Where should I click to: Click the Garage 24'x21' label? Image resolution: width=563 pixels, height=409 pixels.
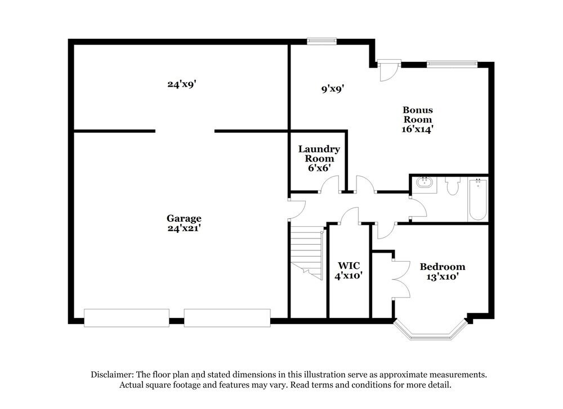tap(184, 223)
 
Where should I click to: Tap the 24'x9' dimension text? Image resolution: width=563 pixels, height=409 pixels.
tap(181, 84)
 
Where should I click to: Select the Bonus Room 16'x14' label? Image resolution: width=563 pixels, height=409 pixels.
tap(417, 119)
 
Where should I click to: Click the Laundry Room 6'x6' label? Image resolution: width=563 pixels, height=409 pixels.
tap(319, 158)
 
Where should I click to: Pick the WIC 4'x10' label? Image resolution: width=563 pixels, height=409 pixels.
tap(348, 271)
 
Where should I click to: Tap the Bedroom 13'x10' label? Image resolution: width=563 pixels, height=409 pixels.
tap(443, 271)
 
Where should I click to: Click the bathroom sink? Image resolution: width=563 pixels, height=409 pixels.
tap(423, 182)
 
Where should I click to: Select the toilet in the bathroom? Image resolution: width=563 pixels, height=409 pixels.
tap(453, 186)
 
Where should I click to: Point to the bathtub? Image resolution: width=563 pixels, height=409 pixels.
tap(477, 200)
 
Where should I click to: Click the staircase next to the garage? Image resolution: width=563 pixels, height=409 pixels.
tap(307, 250)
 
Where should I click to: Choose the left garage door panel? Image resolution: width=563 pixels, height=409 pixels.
tap(127, 317)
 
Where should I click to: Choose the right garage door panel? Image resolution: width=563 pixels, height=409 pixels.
tap(227, 317)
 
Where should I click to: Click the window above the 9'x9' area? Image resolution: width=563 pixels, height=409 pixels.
tap(321, 41)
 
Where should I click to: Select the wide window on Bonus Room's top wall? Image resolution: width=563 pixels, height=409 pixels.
tap(452, 64)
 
